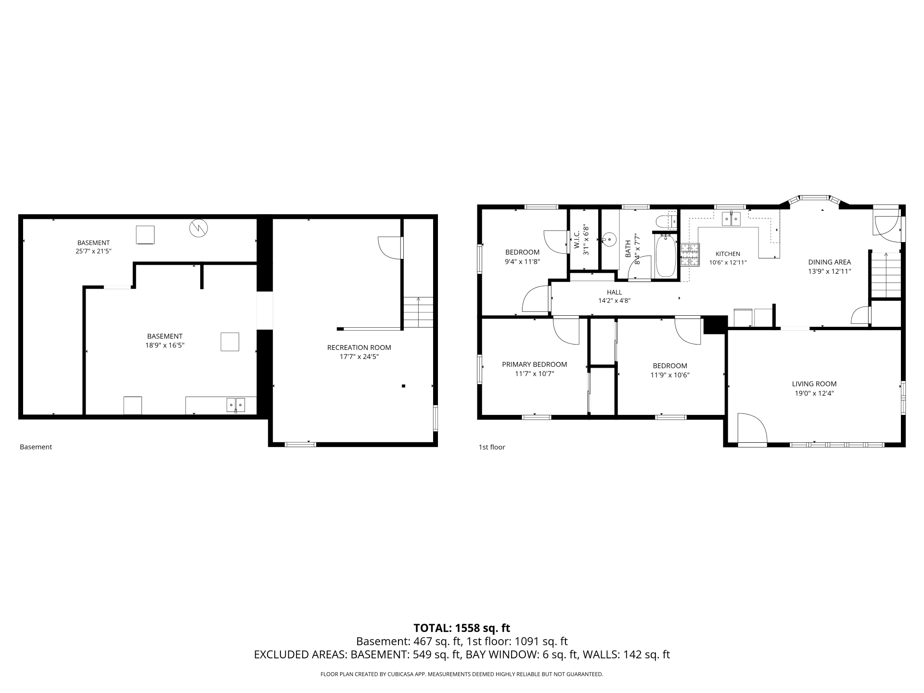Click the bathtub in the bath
pyautogui.click(x=666, y=256)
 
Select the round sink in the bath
pyautogui.click(x=609, y=239)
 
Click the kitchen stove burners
pyautogui.click(x=690, y=255)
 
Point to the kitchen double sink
pyautogui.click(x=731, y=219)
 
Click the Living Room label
pyautogui.click(x=814, y=384)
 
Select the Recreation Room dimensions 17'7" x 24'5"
pyautogui.click(x=359, y=357)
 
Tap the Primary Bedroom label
pyautogui.click(x=534, y=364)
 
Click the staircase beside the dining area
pyautogui.click(x=885, y=275)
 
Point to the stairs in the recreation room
pyautogui.click(x=418, y=312)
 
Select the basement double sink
pyautogui.click(x=236, y=405)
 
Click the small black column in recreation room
pyautogui.click(x=403, y=386)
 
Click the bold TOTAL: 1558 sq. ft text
pyautogui.click(x=462, y=628)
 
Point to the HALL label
pyautogui.click(x=614, y=292)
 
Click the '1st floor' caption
pyautogui.click(x=492, y=447)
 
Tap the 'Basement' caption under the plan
pyautogui.click(x=36, y=447)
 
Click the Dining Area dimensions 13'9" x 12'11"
pyautogui.click(x=829, y=271)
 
